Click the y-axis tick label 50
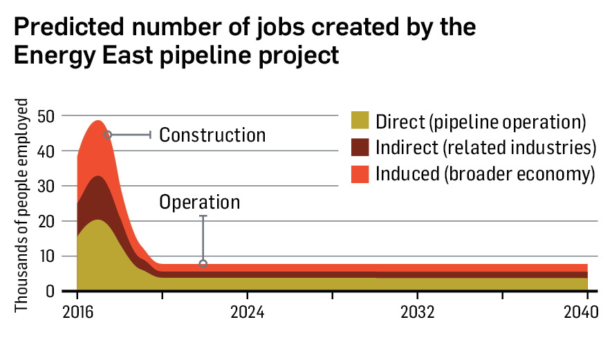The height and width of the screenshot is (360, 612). click(x=46, y=116)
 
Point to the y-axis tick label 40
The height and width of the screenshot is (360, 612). click(x=46, y=151)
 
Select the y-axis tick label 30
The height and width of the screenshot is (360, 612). click(x=46, y=187)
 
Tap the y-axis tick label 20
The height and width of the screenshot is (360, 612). click(x=46, y=222)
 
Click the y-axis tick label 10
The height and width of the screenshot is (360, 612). click(x=46, y=257)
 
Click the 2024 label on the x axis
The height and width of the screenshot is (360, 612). click(x=247, y=311)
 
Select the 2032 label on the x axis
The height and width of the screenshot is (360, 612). click(x=417, y=311)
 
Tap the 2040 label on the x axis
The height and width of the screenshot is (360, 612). click(x=579, y=311)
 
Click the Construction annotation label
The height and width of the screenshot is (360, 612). click(x=212, y=135)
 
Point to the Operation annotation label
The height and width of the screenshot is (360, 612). click(x=199, y=202)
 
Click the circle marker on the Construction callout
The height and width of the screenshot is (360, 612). click(x=107, y=135)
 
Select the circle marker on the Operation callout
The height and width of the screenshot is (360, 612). click(x=203, y=263)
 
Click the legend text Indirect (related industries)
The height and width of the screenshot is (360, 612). click(x=485, y=148)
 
